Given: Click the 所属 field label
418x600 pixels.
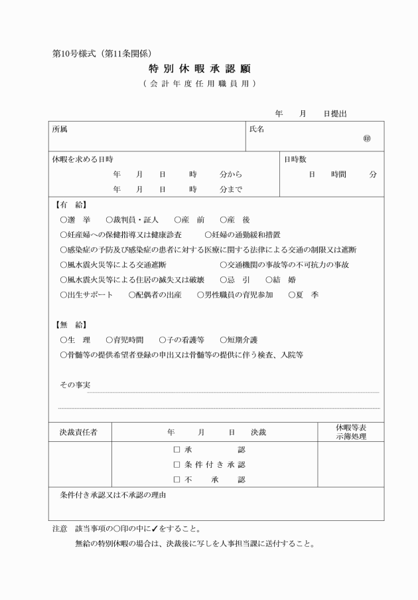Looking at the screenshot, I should coord(60,129).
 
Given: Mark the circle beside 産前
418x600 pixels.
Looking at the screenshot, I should coord(177,219).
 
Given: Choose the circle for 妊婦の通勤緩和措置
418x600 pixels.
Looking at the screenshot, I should coord(208,235).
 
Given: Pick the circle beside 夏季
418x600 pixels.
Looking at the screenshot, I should coord(291,295).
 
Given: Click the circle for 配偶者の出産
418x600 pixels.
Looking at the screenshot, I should coord(132,295).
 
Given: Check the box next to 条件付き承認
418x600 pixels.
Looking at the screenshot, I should coord(176,464).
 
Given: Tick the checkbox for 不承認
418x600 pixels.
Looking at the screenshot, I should coord(176,480).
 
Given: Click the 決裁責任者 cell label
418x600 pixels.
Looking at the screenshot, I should coord(79,433).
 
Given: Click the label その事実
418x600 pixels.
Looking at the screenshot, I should coord(75,385).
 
